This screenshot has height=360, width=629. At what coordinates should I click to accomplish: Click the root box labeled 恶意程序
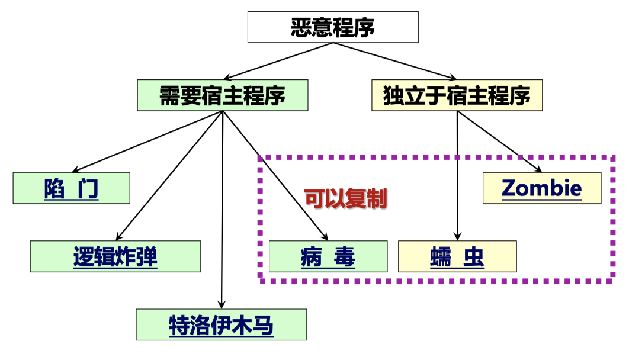coord(332,27)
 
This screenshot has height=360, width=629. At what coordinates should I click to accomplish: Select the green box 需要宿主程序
coord(222,95)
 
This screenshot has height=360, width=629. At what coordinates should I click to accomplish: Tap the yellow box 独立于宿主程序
coord(457,95)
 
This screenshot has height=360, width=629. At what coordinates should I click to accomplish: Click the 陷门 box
coord(71,188)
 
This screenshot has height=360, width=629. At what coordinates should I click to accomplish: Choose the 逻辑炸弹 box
coord(115,256)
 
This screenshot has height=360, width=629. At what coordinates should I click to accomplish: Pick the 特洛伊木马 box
coord(222,324)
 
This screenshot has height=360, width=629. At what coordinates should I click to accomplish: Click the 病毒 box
coord(328,256)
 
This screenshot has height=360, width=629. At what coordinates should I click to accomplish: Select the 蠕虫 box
coord(457,256)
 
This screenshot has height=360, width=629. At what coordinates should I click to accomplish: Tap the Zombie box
coord(541,188)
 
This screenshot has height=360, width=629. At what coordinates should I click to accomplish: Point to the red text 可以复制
coord(345,198)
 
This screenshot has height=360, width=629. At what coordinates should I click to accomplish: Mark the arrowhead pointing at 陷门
coord(76,170)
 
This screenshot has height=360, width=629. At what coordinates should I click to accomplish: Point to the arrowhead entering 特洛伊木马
coord(222,305)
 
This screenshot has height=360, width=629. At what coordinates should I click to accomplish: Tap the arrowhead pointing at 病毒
coord(323,237)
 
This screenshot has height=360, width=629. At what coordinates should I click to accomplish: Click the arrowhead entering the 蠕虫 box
coord(457,237)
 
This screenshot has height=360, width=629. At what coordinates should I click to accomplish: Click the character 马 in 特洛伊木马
coord(264,325)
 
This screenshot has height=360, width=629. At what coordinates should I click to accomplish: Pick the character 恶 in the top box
coord(300,27)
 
